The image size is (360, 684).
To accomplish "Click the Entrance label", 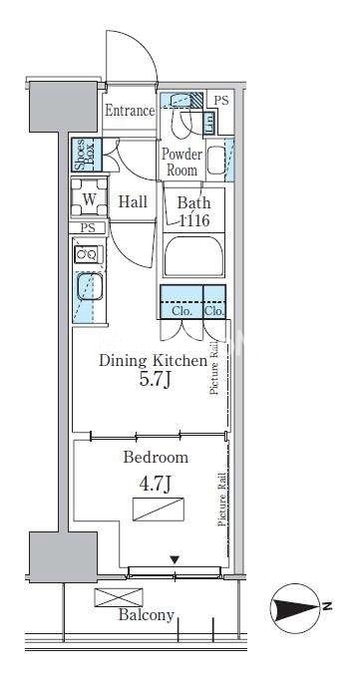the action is pos(130,111).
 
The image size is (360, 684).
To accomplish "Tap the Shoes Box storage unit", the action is pos(87,155).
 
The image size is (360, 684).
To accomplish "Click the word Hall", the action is pos(133,202).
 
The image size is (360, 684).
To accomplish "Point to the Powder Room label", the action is pos(181,162).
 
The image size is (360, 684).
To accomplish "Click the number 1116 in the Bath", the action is pos(194,220).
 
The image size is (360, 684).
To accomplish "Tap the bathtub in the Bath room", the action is pos(194,256).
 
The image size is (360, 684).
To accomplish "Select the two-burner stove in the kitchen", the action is pos(87,254).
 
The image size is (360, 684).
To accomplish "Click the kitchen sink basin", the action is pos(90,286).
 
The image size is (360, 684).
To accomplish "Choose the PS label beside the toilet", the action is pos(221,101).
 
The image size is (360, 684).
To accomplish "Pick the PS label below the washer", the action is pos(89,227).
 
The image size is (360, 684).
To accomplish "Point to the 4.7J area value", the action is pos(155,484).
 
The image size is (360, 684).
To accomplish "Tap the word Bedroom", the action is pos(156,457).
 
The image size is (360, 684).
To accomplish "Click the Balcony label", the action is pos(147,615).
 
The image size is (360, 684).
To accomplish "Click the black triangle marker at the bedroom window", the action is pos(175,559).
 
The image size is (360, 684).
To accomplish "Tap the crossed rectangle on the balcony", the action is pos(119,597).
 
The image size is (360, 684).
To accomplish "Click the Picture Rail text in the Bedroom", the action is pos(222,500).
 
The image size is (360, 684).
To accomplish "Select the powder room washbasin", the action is pos(215,161).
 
